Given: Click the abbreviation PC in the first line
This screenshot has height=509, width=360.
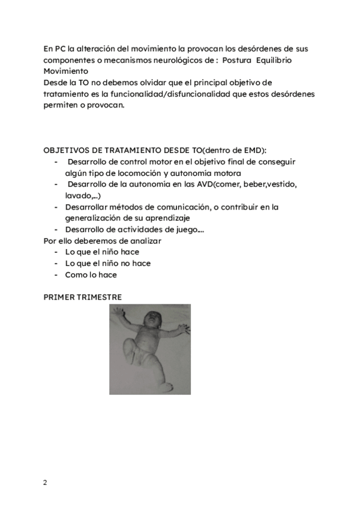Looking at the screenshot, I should pos(59,49).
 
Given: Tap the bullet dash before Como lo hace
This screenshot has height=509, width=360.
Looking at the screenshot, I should pos(56,275).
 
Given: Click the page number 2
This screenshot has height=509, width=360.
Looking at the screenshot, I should pos(45,483).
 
